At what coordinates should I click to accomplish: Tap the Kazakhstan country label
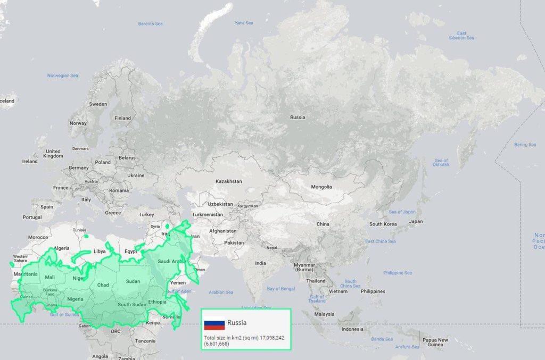[228, 181]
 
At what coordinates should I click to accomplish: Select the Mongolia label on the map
[321, 187]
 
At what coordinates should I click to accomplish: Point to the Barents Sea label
[150, 23]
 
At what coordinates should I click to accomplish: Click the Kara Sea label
[244, 23]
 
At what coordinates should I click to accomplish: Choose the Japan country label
[416, 221]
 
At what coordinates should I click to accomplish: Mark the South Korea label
[383, 224]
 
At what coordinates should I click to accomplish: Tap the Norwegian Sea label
[62, 76]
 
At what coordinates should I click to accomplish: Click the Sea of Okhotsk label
[441, 162]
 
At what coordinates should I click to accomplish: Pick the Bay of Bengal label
[280, 289]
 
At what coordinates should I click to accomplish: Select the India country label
[260, 263]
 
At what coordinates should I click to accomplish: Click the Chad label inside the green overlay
[103, 285]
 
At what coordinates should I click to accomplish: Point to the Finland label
[122, 118]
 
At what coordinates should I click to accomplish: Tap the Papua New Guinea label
[435, 342]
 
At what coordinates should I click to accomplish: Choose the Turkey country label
[146, 214]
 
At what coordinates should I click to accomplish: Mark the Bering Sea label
[525, 145]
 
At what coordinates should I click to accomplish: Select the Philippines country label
[373, 291]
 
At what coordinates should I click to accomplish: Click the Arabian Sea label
[221, 292]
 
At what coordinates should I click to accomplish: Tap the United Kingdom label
[53, 154]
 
